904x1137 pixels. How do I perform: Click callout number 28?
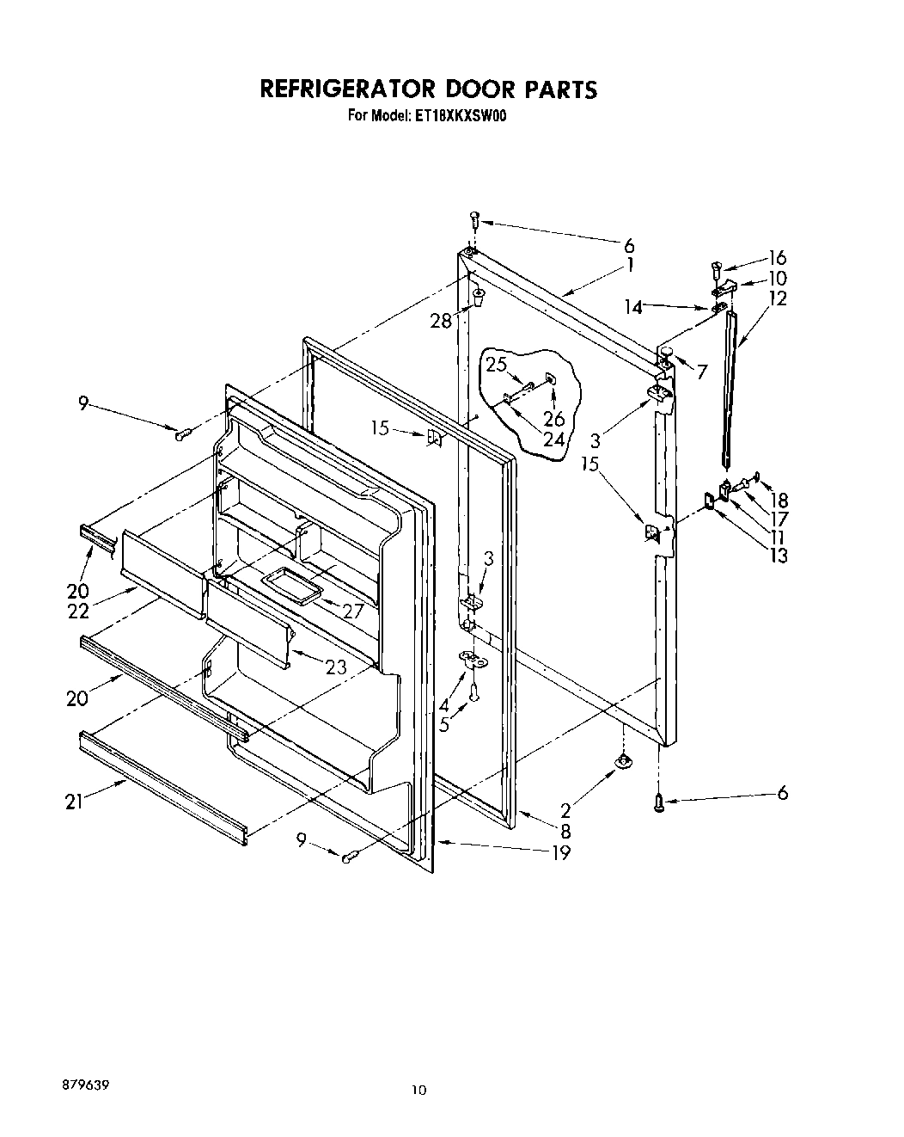pos(441,321)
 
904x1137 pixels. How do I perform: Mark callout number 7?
pos(702,372)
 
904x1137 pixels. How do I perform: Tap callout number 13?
pos(778,555)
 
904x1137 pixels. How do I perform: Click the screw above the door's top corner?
pos(473,218)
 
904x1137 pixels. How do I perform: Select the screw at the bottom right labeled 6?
pos(660,803)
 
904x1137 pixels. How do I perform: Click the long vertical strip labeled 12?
pos(730,387)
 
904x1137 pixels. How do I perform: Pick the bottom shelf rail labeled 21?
pos(163,783)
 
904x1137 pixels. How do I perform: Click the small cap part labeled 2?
pos(620,760)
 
